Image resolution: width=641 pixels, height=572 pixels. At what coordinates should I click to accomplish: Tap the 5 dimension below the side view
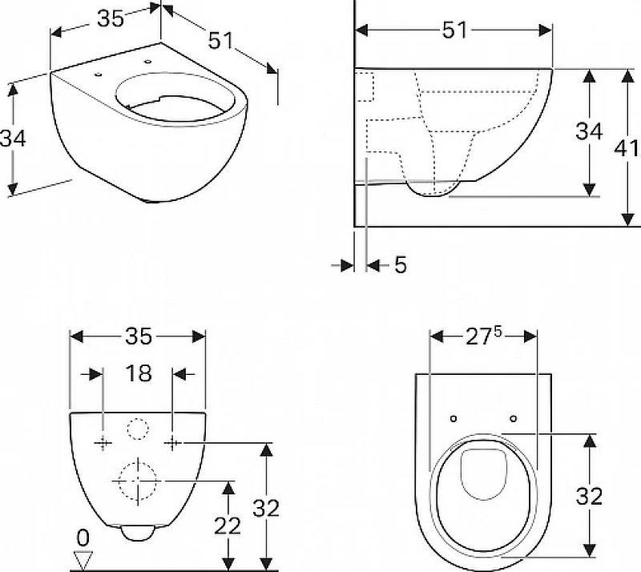tap(401, 265)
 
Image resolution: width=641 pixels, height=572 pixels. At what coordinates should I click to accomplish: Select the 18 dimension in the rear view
tap(139, 373)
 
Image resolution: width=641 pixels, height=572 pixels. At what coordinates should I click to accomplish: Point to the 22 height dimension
tap(228, 526)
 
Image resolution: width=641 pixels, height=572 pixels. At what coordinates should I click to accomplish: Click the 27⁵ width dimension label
tap(483, 337)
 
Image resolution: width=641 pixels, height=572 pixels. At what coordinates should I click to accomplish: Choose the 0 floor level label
tap(83, 538)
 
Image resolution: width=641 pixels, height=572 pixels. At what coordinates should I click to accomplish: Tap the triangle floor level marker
tap(83, 560)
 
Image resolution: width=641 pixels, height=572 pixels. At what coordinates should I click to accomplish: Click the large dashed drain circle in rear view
tap(138, 481)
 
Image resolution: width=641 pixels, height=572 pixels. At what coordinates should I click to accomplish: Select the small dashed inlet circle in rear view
tap(137, 429)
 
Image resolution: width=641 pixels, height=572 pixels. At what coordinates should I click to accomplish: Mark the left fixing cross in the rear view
tap(103, 442)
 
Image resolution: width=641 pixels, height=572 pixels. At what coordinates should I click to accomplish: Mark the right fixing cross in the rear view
tap(172, 442)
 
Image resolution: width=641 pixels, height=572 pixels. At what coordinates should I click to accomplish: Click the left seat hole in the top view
tap(453, 418)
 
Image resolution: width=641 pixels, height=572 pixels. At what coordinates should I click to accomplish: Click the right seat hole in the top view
tap(514, 418)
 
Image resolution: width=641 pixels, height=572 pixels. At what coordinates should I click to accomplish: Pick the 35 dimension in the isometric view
tap(111, 18)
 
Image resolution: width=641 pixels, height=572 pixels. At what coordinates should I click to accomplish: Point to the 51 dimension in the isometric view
tap(221, 41)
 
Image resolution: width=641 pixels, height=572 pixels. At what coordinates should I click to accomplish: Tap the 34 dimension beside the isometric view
tap(13, 139)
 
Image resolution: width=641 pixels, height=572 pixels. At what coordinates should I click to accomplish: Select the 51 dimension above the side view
tap(454, 30)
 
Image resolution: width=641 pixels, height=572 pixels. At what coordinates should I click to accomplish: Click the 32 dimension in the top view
tap(589, 497)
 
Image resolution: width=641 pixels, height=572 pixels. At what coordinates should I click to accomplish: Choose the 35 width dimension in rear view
tap(139, 336)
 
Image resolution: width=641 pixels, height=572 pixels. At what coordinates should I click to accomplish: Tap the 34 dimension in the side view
tap(589, 131)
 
